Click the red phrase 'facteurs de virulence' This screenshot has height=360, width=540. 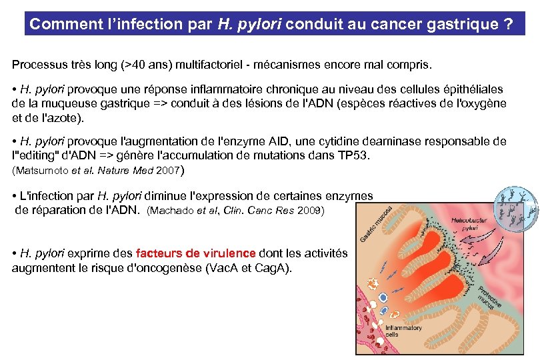pos(195,253)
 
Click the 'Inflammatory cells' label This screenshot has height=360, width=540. pos(404,331)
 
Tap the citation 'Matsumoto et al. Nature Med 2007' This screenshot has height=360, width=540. pos(96,170)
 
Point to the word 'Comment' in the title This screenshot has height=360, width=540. pos(57,25)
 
